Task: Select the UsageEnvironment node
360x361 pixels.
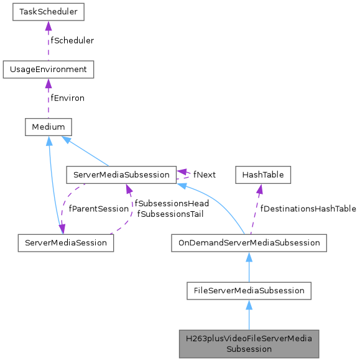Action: pos(48,69)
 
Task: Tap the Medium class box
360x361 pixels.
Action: pos(48,127)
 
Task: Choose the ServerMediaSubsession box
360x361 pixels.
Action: pos(121,175)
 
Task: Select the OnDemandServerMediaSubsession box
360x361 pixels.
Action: pos(249,242)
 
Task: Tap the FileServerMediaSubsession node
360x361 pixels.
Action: pos(249,290)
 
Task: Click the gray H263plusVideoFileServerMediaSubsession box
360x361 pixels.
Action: pos(249,343)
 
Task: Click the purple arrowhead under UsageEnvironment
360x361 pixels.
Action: pos(48,83)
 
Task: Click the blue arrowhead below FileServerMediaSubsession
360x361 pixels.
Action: pos(249,304)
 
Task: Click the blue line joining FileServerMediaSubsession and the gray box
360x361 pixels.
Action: pos(249,318)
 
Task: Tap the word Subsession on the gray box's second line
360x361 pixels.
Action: pos(249,349)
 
